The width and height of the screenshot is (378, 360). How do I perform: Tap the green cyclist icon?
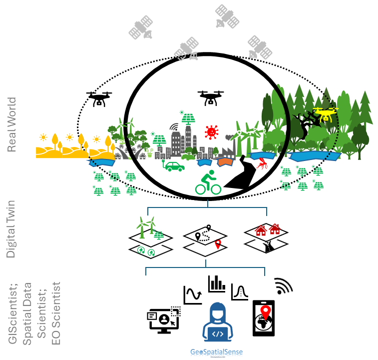click(x=208, y=183)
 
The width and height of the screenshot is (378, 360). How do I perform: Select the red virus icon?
click(x=212, y=132)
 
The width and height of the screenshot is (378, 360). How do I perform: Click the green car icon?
click(x=174, y=165)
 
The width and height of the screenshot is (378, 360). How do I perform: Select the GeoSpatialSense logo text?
click(x=216, y=352)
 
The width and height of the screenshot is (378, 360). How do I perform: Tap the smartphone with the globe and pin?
click(x=263, y=318)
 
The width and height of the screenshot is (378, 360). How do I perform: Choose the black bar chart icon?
click(x=217, y=284)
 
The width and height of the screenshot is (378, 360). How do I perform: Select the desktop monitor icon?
click(x=163, y=320)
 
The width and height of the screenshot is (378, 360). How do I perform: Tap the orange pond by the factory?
click(x=225, y=162)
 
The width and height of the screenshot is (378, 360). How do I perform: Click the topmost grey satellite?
click(x=227, y=16)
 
